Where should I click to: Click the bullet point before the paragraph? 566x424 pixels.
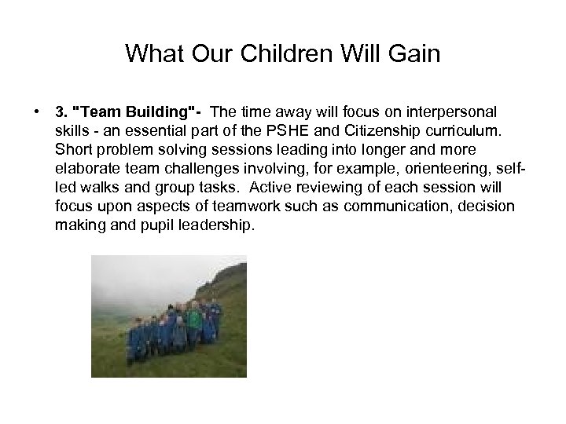tap(37, 110)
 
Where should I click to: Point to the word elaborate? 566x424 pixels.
tap(85, 167)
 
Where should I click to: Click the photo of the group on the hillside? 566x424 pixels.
tap(168, 316)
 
